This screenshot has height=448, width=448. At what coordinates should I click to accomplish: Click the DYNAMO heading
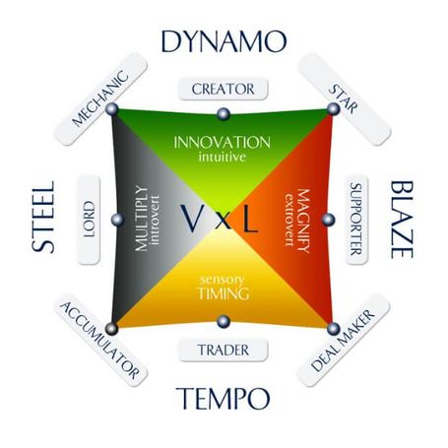pyautogui.click(x=224, y=41)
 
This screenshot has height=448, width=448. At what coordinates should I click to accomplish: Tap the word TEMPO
pyautogui.click(x=224, y=398)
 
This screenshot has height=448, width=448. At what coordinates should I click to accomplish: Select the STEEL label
pyautogui.click(x=43, y=217)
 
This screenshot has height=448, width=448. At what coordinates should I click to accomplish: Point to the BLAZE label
pyautogui.click(x=402, y=220)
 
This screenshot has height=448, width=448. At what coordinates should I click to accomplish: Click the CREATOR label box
pyautogui.click(x=224, y=89)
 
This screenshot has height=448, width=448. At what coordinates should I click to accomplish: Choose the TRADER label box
pyautogui.click(x=224, y=351)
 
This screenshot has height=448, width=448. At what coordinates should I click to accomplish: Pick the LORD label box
pyautogui.click(x=89, y=220)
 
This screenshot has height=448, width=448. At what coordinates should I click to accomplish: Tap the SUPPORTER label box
pyautogui.click(x=356, y=220)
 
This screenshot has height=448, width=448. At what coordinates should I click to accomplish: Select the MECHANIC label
pyautogui.click(x=100, y=98)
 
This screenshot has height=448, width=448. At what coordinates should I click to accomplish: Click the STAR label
pyautogui.click(x=344, y=98)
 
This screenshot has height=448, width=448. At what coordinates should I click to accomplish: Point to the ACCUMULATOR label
pyautogui.click(x=100, y=341)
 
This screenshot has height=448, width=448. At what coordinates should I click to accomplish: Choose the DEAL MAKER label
pyautogui.click(x=344, y=341)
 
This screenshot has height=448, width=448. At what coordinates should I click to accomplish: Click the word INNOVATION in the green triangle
pyautogui.click(x=222, y=143)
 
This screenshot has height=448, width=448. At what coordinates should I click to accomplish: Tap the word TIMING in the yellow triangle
pyautogui.click(x=224, y=293)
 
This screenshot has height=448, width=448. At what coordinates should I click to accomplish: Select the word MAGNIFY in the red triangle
pyautogui.click(x=303, y=221)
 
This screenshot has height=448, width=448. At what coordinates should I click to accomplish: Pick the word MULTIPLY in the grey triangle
pyautogui.click(x=142, y=219)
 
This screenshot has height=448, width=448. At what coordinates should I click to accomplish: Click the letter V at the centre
pyautogui.click(x=192, y=219)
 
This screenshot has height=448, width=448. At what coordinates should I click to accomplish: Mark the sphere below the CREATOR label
pyautogui.click(x=224, y=114)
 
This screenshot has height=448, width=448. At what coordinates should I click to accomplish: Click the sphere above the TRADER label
pyautogui.click(x=224, y=321)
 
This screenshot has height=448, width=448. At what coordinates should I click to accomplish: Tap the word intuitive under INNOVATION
pyautogui.click(x=223, y=157)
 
